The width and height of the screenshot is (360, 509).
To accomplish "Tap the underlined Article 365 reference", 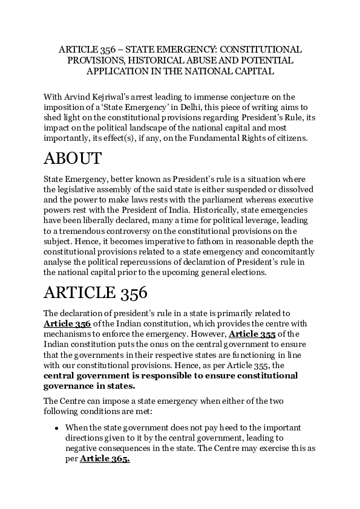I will pyautogui.click(x=105, y=459).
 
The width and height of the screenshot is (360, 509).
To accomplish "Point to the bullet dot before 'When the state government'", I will pyautogui.click(x=56, y=428).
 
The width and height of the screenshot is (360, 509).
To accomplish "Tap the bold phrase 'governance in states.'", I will pyautogui.click(x=90, y=387).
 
